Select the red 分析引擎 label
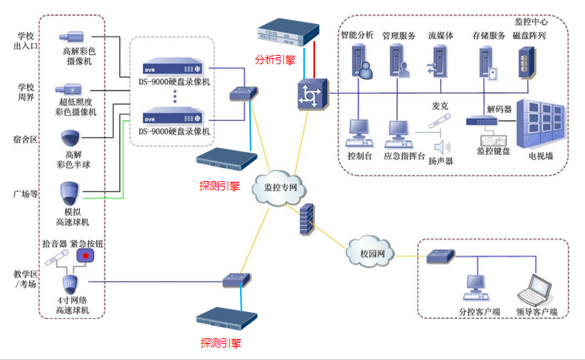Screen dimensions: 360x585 (275, 59)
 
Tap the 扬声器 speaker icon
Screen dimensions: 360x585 (442, 146)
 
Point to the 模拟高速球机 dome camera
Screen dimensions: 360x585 (71, 192)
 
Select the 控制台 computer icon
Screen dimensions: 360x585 (359, 132)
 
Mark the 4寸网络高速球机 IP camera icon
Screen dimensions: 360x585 (70, 283)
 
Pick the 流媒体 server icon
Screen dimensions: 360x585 (437, 63)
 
